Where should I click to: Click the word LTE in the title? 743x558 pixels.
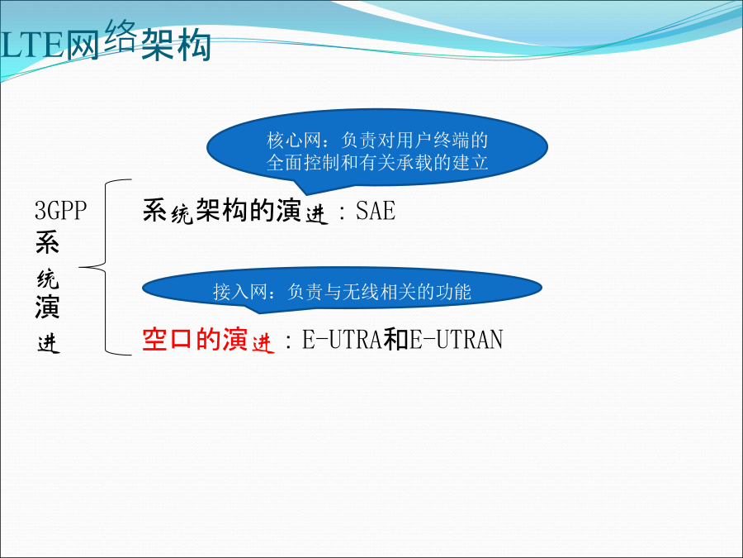[32, 45]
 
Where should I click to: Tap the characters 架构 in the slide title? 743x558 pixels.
[176, 45]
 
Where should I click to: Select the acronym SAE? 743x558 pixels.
[376, 211]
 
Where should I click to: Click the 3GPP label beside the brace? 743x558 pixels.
[60, 211]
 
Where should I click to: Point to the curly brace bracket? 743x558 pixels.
[105, 267]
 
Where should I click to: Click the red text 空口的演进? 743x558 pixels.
[208, 339]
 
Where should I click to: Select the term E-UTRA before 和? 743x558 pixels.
[343, 339]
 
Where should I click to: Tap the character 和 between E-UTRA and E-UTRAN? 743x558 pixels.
[396, 339]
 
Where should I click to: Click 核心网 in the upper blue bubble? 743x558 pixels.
[294, 141]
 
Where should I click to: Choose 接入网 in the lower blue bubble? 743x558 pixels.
[240, 291]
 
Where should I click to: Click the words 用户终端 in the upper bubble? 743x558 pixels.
[433, 141]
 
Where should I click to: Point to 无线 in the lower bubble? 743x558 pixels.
[361, 291]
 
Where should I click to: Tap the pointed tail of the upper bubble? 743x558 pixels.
[307, 194]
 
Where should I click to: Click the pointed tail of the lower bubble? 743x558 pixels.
[259, 312]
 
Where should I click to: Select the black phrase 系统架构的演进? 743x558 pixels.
[235, 211]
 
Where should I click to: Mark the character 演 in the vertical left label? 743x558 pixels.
[47, 307]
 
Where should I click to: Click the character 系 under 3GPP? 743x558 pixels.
[47, 242]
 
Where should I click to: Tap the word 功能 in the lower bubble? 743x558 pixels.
[453, 291]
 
